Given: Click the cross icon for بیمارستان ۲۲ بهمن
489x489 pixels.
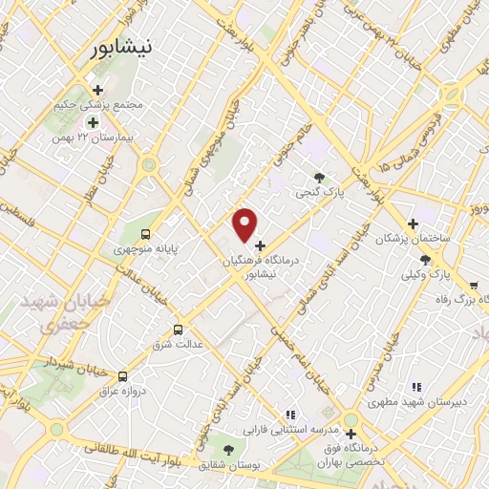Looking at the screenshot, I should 93,122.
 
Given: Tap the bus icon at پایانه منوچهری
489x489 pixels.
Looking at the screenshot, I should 145,234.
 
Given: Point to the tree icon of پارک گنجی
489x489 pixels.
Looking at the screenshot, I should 319,177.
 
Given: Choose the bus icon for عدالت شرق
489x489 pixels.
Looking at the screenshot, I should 178,330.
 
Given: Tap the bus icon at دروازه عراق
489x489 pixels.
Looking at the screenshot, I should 121,376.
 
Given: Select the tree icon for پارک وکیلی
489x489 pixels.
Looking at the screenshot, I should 425,260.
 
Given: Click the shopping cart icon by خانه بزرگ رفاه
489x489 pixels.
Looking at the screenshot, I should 474,285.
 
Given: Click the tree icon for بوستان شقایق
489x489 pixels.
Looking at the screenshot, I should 227,448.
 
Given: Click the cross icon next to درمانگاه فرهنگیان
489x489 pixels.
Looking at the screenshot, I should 261,245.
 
